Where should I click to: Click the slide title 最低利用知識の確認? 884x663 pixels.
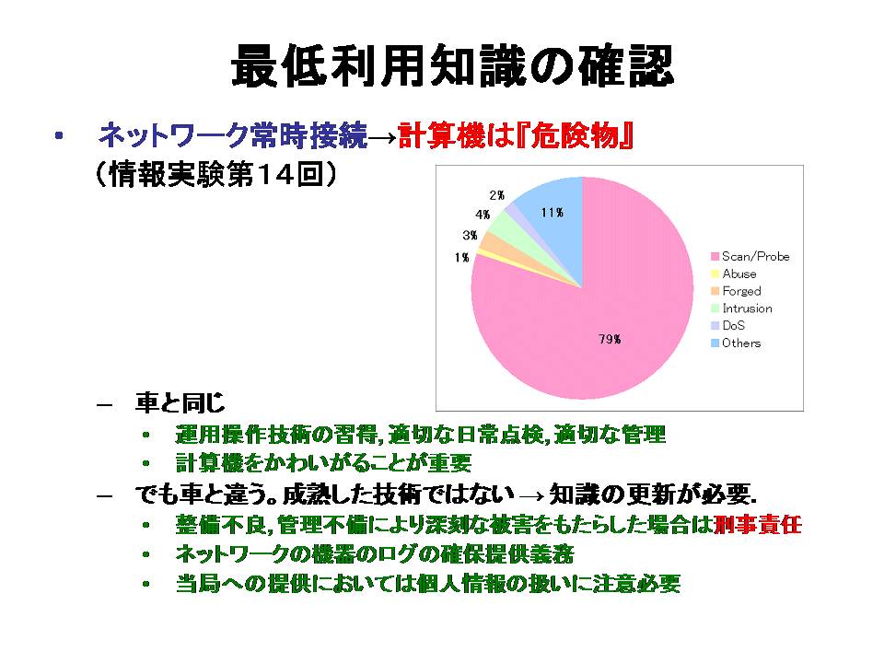453,66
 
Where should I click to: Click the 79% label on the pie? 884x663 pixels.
610,339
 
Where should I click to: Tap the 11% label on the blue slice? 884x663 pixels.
552,213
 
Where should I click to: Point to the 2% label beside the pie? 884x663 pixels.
496,195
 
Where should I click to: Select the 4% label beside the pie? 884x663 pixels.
483,215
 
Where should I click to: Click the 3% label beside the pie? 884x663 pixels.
471,235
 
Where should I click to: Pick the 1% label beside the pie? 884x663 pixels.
461,257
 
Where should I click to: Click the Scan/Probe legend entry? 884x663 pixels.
750,257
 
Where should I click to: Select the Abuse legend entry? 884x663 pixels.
734,274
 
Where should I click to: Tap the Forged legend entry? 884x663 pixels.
737,292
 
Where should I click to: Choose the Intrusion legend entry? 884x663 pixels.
741,308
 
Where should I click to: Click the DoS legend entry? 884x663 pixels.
727,326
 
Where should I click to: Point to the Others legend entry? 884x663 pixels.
736,343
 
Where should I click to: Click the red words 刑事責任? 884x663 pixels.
757,525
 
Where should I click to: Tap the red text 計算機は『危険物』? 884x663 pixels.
516,136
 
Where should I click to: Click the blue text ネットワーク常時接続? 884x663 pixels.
232,136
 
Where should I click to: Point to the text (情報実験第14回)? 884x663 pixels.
216,174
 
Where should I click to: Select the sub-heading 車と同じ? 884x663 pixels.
180,403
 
